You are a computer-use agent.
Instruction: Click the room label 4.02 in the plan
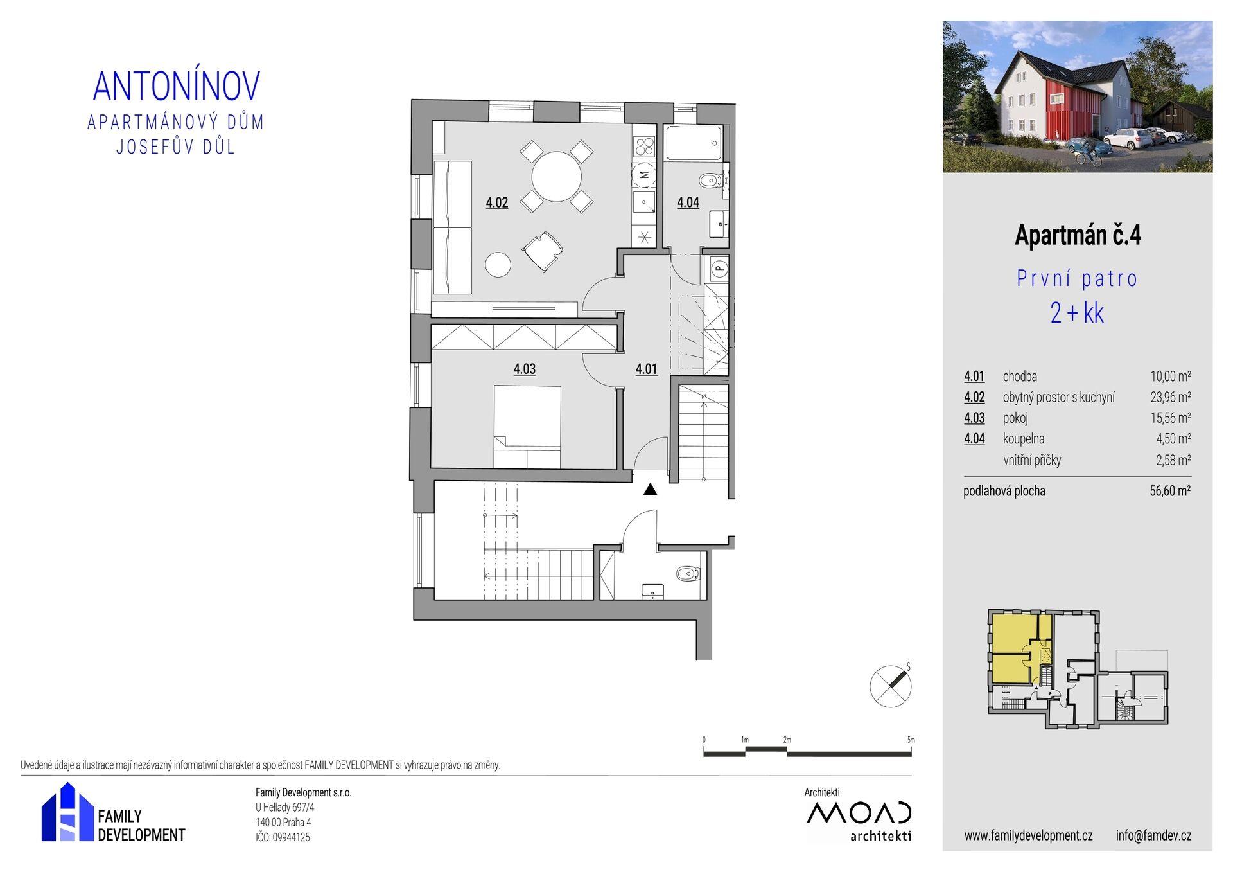click(497, 203)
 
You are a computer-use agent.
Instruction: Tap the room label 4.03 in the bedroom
click(524, 369)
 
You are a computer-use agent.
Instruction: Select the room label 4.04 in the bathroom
click(688, 203)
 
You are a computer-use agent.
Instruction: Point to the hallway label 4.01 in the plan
click(646, 369)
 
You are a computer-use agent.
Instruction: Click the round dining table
click(556, 176)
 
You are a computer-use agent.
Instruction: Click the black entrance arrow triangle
click(651, 490)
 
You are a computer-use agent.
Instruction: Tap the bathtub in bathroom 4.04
click(694, 143)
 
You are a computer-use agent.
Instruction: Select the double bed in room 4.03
click(527, 427)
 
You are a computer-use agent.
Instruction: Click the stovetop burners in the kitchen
click(645, 147)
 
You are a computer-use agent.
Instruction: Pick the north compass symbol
click(891, 686)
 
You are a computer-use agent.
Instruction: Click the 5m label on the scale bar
click(911, 740)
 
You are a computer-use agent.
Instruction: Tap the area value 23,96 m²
click(1171, 398)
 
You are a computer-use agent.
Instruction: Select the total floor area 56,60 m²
click(1171, 492)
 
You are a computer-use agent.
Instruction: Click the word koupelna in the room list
click(1024, 440)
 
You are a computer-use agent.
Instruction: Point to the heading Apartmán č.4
click(1078, 236)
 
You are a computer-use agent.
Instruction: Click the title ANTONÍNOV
click(177, 86)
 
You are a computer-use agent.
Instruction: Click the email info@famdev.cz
click(1153, 836)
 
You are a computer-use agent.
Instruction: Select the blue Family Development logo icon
click(67, 812)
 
